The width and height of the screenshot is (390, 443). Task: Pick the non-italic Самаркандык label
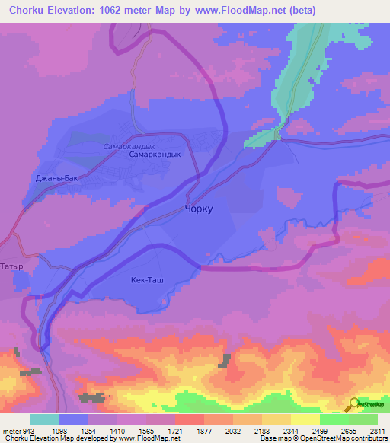pos(155,154)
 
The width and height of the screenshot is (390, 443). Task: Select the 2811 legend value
pos(377,430)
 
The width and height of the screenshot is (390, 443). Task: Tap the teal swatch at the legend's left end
pos(45,419)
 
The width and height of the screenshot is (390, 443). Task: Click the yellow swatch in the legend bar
pos(305,419)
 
